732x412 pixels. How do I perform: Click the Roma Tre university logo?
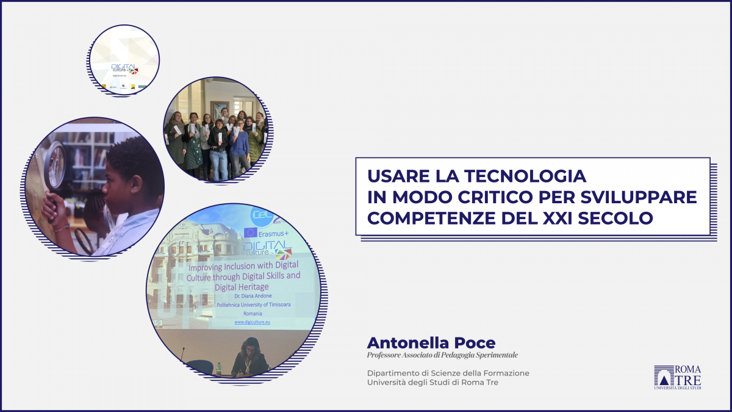tap(678, 377)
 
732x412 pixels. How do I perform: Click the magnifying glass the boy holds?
tap(54, 164)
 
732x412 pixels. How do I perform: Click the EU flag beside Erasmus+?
tap(251, 233)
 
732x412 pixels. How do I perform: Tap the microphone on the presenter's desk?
tap(184, 354)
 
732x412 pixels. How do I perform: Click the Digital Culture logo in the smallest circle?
tap(124, 69)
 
